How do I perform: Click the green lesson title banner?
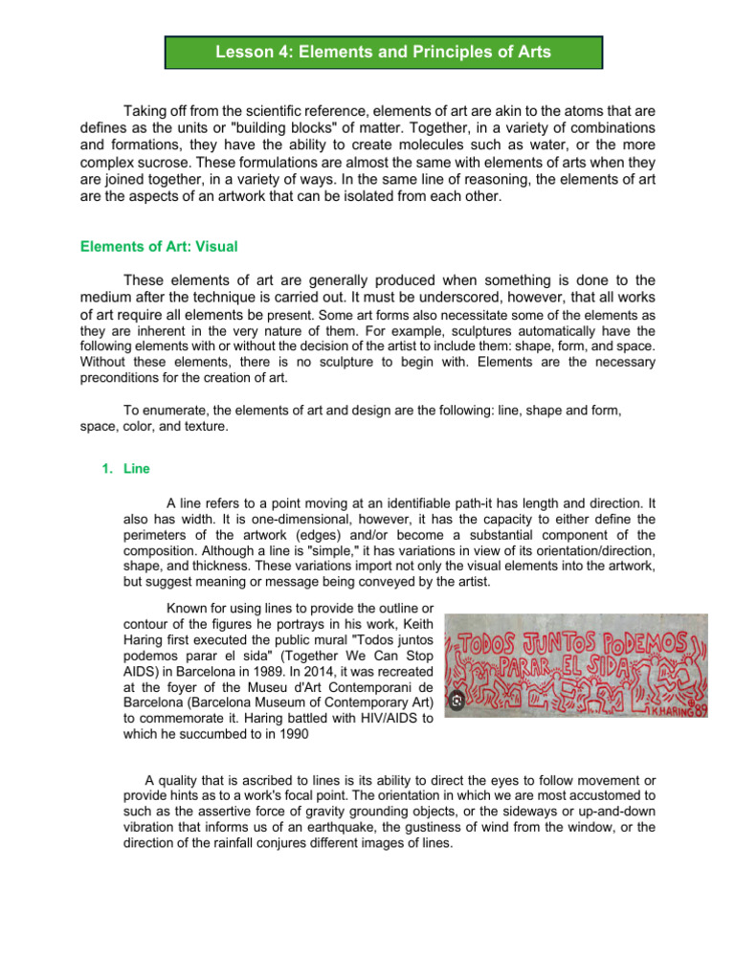pyautogui.click(x=383, y=53)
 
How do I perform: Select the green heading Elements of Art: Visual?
pyautogui.click(x=158, y=246)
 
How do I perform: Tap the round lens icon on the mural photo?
pyautogui.click(x=457, y=701)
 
